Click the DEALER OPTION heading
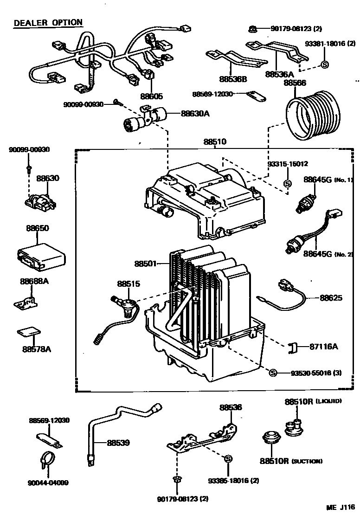[x=48, y=22]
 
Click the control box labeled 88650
[x=40, y=256]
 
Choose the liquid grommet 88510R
[x=295, y=427]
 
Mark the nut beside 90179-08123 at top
[x=252, y=29]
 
